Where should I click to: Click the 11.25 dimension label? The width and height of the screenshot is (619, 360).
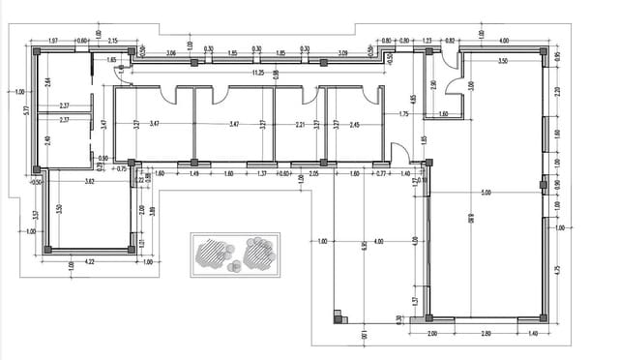pos(257,73)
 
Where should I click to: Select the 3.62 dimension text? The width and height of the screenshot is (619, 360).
pos(89,181)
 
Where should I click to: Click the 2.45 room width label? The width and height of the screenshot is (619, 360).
pos(355,125)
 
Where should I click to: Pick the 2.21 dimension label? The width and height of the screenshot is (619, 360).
pos(300,125)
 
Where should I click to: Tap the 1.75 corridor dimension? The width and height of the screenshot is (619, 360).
pos(403,114)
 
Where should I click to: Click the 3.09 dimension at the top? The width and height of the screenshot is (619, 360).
pos(342,53)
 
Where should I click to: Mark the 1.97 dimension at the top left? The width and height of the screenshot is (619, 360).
pos(53,41)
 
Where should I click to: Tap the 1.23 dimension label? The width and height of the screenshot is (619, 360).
pos(427,41)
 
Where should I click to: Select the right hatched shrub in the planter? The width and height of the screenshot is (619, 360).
pos(259,254)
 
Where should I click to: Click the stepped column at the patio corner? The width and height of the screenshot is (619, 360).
pos(339,315)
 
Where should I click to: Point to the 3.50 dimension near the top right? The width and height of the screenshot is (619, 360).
pos(502,61)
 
